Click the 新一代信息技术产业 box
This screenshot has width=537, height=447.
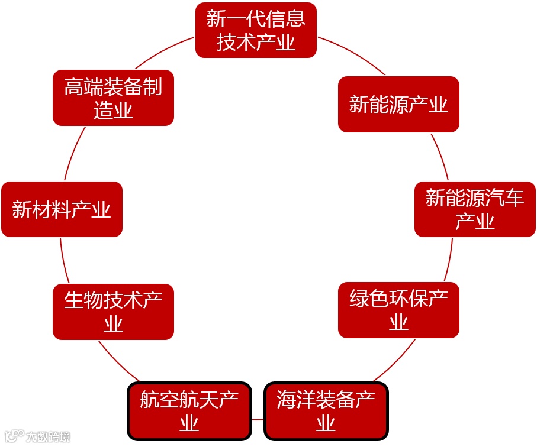(256, 30)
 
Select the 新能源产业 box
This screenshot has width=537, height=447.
(398, 105)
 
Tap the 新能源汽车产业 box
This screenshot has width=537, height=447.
(475, 209)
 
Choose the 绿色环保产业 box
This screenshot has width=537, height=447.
(398, 310)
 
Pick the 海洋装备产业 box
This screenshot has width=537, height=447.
(326, 411)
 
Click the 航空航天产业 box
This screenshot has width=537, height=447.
(189, 411)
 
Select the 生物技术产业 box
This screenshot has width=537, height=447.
(113, 312)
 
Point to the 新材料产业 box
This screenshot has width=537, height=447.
(62, 209)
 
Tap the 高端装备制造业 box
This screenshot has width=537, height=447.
(113, 98)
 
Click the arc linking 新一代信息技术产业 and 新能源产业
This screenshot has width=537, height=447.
(353, 56)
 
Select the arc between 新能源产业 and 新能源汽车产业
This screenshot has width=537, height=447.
(440, 157)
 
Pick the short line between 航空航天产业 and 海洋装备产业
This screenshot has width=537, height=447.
(258, 419)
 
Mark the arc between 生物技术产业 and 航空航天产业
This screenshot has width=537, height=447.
(118, 361)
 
